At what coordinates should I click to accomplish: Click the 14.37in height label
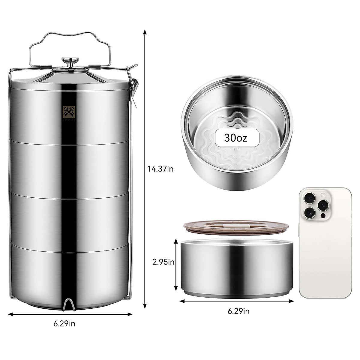pyautogui.click(x=160, y=169)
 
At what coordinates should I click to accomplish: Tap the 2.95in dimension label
pyautogui.click(x=163, y=262)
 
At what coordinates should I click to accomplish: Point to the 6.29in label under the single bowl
pyautogui.click(x=238, y=311)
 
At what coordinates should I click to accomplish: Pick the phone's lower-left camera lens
pyautogui.click(x=309, y=212)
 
